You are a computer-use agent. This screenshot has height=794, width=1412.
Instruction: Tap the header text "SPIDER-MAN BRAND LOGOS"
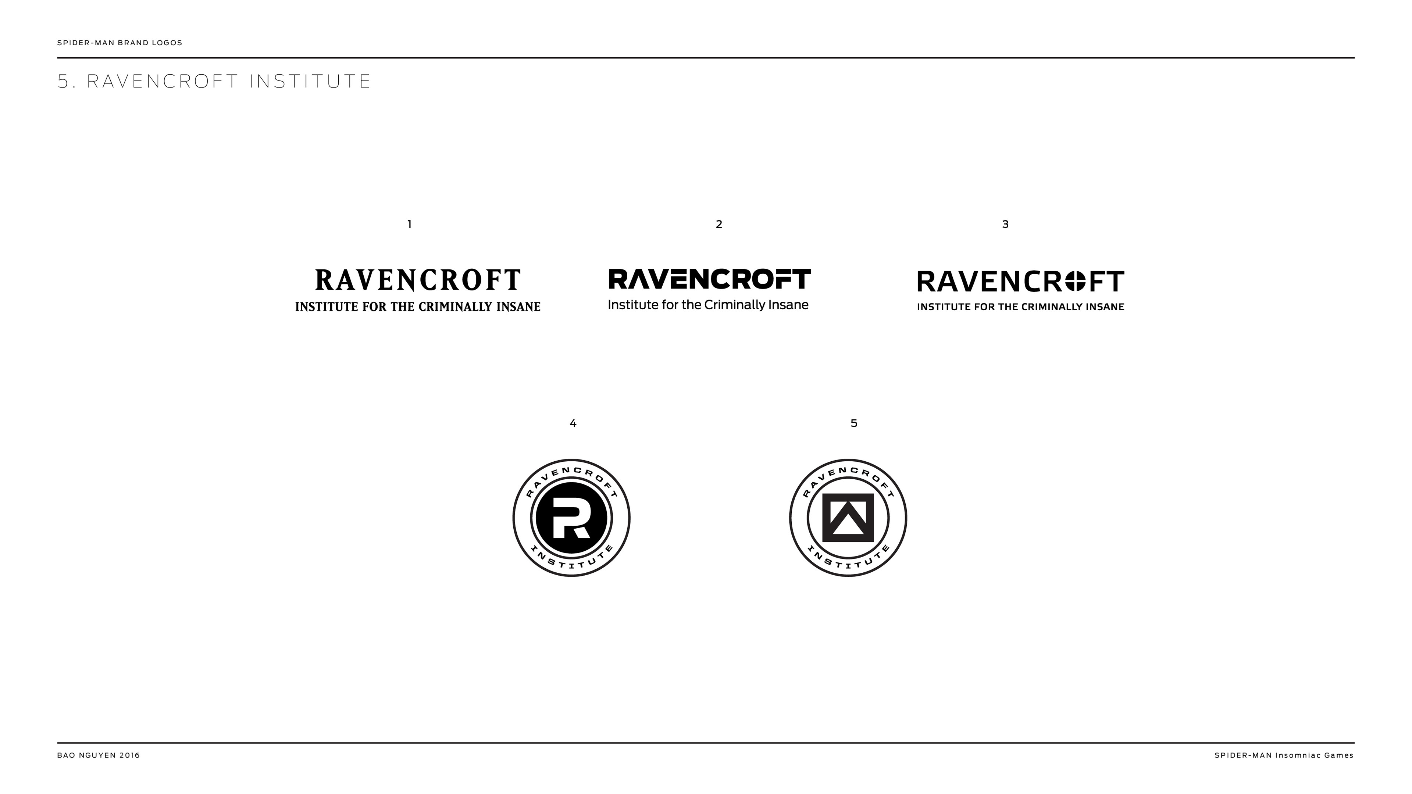[120, 43]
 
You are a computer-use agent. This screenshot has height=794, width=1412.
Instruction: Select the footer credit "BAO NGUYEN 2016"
[99, 755]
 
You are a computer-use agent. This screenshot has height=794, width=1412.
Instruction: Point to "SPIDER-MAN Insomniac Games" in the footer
[1284, 755]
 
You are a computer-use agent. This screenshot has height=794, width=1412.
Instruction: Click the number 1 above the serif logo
[410, 224]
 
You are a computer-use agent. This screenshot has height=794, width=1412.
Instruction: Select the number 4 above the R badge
[573, 423]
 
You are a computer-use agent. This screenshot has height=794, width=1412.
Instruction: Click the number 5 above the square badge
[853, 423]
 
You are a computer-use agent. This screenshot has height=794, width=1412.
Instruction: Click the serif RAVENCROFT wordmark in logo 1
[418, 280]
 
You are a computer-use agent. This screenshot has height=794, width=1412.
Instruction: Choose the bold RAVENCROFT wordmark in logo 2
[709, 279]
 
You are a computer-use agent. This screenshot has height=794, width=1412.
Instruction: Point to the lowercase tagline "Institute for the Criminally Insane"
[707, 305]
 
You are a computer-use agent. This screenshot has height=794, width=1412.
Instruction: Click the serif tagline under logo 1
[418, 307]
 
